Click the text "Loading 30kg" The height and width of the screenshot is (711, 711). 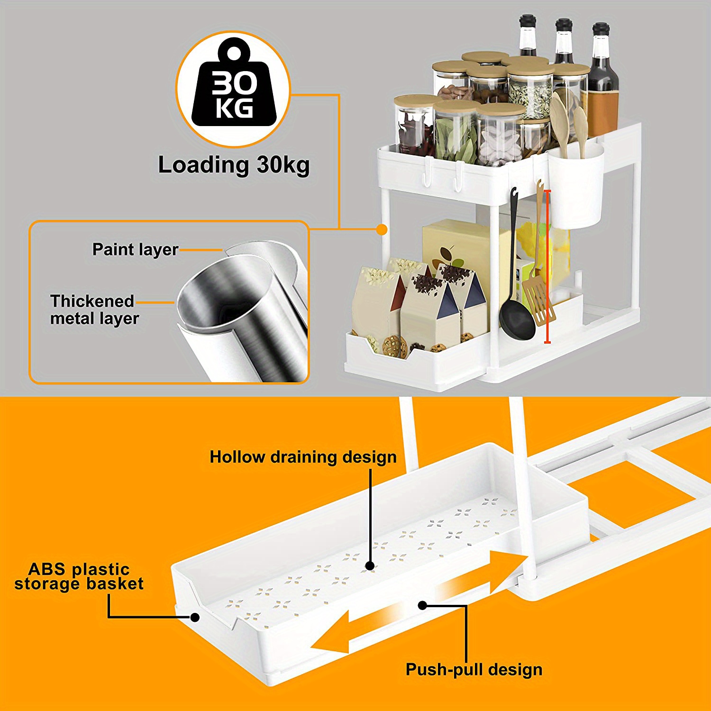[234, 165]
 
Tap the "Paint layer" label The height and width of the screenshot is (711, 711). [135, 249]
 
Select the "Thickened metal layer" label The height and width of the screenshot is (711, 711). [94, 310]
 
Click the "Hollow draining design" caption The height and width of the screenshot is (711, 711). [303, 457]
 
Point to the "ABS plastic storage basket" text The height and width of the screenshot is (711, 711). [79, 576]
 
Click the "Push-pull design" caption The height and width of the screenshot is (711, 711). [474, 669]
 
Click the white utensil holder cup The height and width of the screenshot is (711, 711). [576, 190]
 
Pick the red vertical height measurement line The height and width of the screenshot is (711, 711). [548, 265]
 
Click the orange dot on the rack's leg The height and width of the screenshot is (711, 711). [382, 229]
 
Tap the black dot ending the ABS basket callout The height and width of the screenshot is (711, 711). [194, 617]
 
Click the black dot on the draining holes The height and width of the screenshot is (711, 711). [370, 565]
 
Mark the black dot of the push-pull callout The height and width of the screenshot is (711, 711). [422, 605]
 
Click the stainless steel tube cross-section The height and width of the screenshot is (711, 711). [242, 313]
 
